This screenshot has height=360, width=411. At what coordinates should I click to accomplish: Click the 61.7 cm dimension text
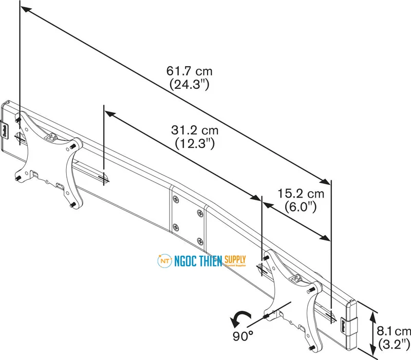point(189,71)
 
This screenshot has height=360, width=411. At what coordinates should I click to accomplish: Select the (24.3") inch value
point(189,84)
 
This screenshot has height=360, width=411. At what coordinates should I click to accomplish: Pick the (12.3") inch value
point(195,144)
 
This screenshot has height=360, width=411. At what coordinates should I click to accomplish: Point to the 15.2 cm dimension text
point(301,194)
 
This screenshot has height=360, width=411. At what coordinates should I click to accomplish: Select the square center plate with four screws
point(188,213)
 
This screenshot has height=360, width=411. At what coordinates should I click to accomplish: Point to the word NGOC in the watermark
point(188,261)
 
